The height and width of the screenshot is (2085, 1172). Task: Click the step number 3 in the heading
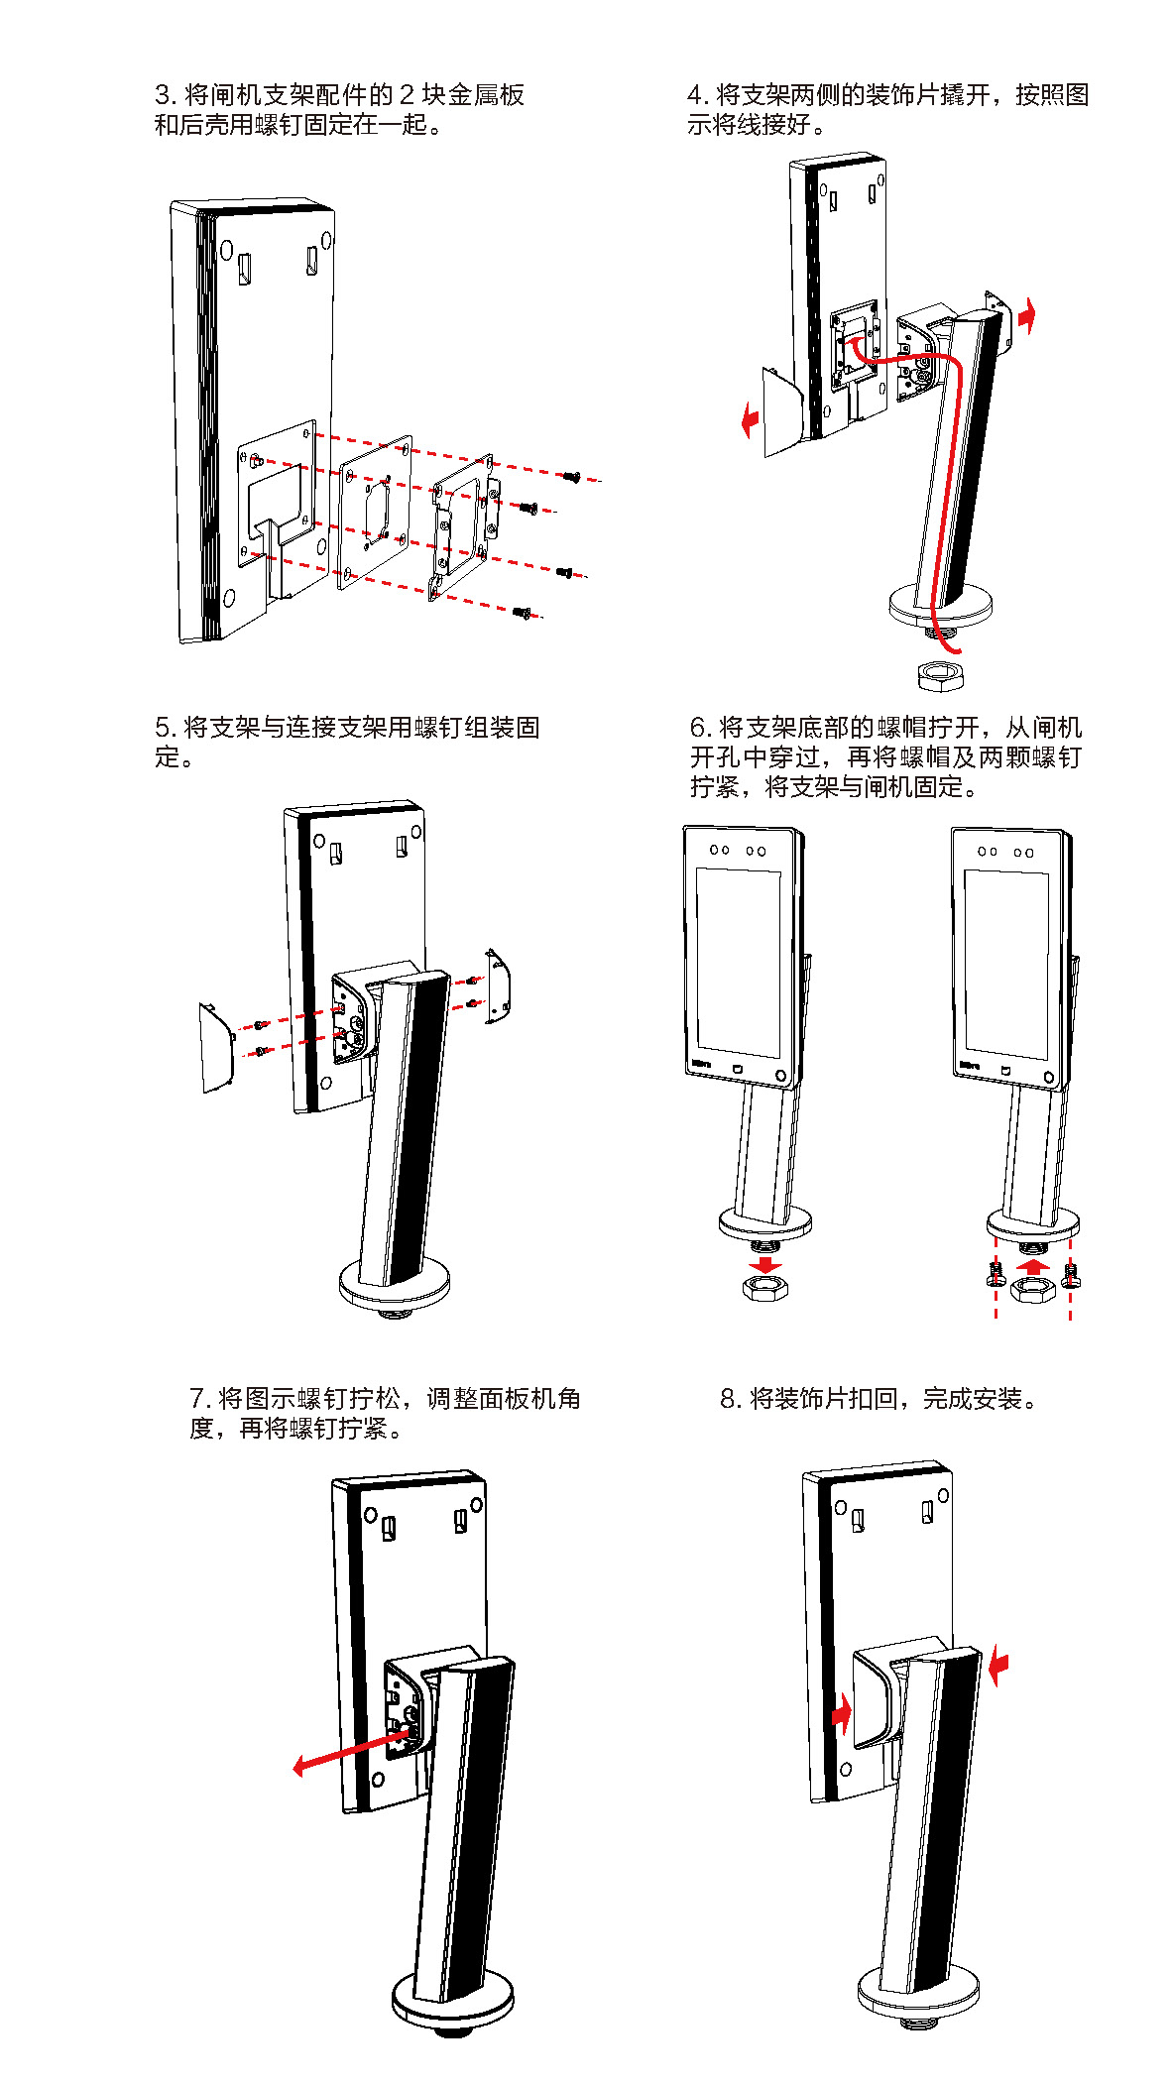tap(164, 95)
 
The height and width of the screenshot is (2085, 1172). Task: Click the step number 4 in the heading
tap(696, 95)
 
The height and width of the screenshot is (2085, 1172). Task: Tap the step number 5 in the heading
tap(164, 728)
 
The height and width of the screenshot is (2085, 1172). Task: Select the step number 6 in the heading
tap(698, 728)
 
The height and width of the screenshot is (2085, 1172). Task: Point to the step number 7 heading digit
tap(197, 1399)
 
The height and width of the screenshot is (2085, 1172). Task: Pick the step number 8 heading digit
tap(729, 1399)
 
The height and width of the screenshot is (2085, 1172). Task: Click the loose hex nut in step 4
tap(937, 676)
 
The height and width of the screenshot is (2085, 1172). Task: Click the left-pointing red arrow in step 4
tap(751, 419)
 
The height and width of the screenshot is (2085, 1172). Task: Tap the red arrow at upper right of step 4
tap(1027, 316)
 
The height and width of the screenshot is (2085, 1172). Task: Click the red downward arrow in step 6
tap(765, 1265)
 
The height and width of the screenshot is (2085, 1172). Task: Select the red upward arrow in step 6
tap(1033, 1266)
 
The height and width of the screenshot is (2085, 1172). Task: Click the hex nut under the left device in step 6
tap(765, 1288)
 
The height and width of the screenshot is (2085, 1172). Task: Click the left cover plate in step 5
tap(216, 1049)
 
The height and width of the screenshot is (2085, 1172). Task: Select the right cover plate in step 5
tap(498, 986)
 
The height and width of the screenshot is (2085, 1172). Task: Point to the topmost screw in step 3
tap(571, 477)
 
